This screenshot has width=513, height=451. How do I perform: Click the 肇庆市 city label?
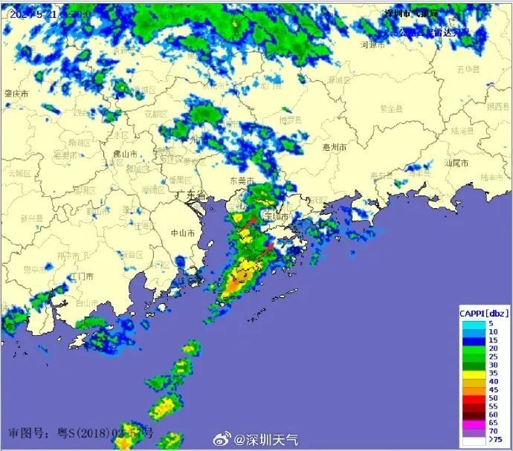16,94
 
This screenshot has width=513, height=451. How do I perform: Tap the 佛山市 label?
125,154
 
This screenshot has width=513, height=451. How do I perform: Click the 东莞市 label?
241,181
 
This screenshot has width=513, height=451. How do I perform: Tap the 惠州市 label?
335,147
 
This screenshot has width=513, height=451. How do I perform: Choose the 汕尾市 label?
455,162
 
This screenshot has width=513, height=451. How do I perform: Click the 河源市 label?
372,45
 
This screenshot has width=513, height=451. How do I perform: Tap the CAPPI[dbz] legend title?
483,312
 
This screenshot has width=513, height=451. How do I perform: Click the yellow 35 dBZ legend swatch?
471,373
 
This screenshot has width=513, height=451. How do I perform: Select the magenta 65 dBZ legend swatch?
471,421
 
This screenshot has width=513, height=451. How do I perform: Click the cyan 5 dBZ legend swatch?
471,324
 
